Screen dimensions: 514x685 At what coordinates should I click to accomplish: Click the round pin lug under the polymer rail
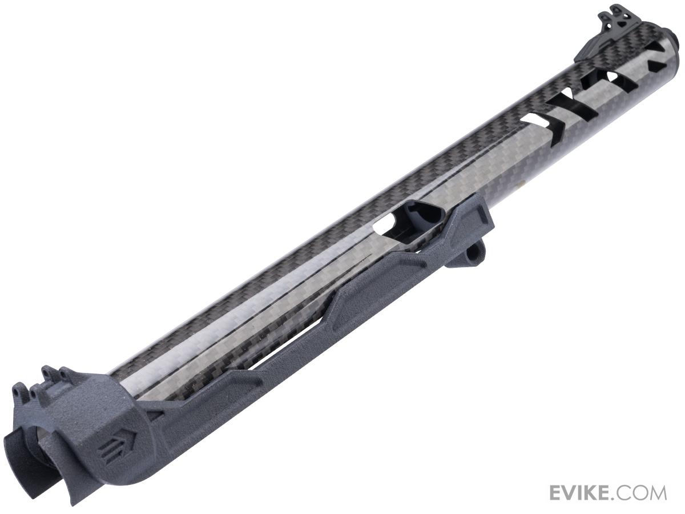[x=468, y=251]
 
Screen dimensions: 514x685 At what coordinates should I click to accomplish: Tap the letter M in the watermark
[x=656, y=492]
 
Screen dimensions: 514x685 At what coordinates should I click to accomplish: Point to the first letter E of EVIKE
[x=556, y=492]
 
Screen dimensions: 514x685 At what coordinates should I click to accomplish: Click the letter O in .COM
[x=641, y=492]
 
